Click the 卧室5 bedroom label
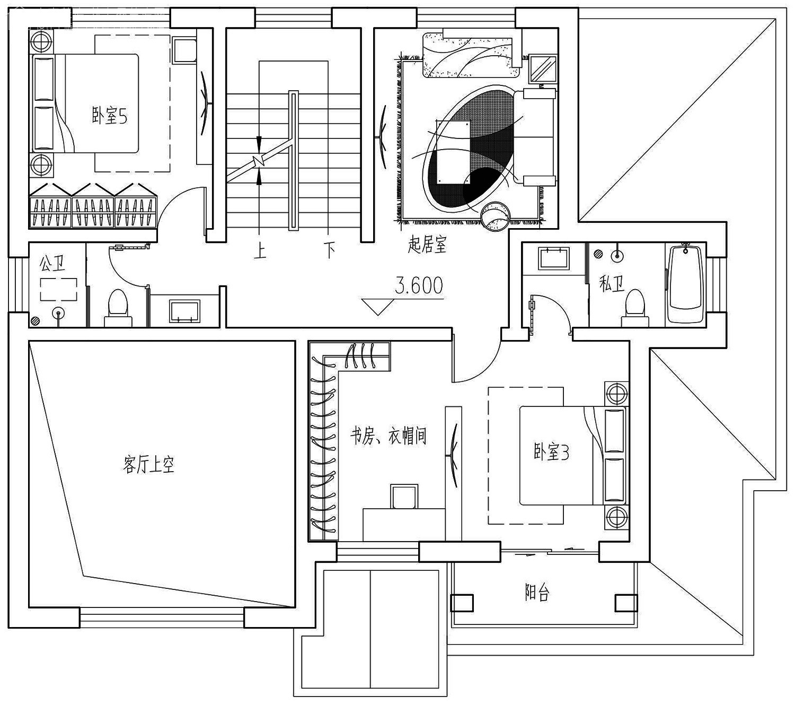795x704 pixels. tap(110, 116)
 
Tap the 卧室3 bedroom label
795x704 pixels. tap(551, 452)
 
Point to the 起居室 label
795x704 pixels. tap(427, 245)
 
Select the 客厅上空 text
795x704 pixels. tap(148, 465)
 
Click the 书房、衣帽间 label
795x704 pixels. tap(388, 436)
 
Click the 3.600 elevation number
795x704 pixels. tap(419, 285)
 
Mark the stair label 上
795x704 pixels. tap(260, 250)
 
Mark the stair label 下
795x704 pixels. tap(329, 250)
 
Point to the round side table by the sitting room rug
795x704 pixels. tap(496, 216)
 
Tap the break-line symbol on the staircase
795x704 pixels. tap(259, 161)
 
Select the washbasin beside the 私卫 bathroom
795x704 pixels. tap(554, 258)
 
